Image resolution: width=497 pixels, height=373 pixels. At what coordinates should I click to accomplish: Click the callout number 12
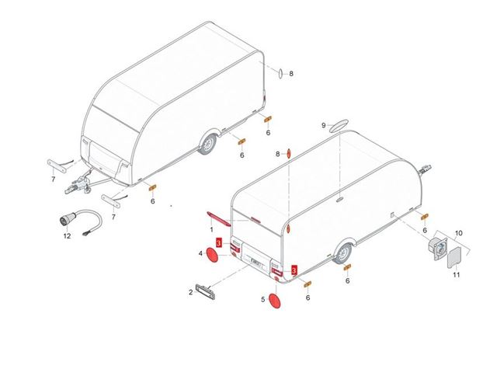coord(67,236)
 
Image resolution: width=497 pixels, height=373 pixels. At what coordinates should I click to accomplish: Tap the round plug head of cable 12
coord(65,220)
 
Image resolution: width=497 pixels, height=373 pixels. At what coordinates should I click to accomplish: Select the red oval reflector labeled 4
coord(212,256)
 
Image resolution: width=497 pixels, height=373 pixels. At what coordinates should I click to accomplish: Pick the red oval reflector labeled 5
coord(274,301)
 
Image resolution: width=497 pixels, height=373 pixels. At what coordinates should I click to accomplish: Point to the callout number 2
coord(190,292)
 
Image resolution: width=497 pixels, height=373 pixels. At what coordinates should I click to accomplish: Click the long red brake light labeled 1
coord(218,218)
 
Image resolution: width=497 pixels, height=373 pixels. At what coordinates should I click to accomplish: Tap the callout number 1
coord(212,230)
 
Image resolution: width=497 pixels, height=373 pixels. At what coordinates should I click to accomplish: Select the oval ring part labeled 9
coord(339,126)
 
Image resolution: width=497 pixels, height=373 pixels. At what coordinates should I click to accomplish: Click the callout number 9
coord(324,126)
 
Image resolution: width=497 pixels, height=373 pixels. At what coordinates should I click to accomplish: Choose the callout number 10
coord(459,233)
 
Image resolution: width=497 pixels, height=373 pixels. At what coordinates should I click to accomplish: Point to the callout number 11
coord(456,274)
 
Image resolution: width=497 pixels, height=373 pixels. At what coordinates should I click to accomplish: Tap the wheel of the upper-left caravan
coord(207,145)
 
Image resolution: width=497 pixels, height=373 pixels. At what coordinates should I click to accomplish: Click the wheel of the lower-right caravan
coord(343,254)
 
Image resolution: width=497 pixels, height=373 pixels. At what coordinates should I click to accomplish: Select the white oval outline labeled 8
coord(280,73)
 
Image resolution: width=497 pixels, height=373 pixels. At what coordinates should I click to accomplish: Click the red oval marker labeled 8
coord(288,154)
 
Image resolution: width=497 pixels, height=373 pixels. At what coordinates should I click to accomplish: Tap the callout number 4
coord(200,254)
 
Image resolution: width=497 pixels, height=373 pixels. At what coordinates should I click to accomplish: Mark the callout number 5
coord(262,299)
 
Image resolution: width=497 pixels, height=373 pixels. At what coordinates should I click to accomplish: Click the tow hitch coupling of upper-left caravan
coord(78,186)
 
